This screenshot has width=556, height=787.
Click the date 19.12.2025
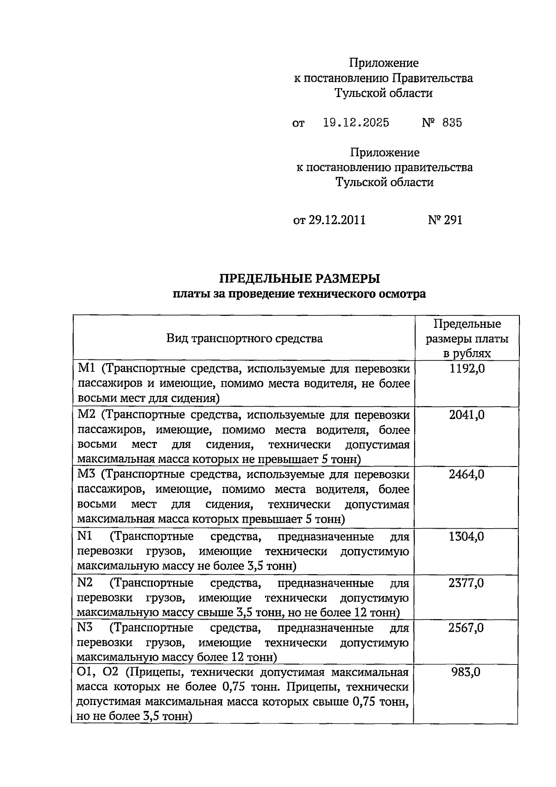point(356,122)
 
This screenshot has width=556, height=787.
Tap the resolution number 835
point(452,122)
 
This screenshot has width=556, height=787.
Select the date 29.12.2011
point(337,220)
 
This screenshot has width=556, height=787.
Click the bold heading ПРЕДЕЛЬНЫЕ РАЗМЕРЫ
point(299,279)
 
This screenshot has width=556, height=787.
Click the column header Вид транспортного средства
point(244,339)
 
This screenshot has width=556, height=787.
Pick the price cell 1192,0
point(467,369)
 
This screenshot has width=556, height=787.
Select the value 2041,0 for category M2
point(467,415)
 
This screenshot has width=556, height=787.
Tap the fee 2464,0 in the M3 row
point(467,474)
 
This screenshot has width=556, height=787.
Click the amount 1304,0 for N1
point(467,537)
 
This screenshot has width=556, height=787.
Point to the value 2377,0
point(467,583)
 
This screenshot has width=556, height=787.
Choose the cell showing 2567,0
point(467,628)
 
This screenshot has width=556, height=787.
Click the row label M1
point(86,369)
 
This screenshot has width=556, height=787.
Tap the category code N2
point(85,583)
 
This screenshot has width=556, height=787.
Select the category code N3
point(85,628)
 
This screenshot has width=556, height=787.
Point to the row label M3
point(86,474)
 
